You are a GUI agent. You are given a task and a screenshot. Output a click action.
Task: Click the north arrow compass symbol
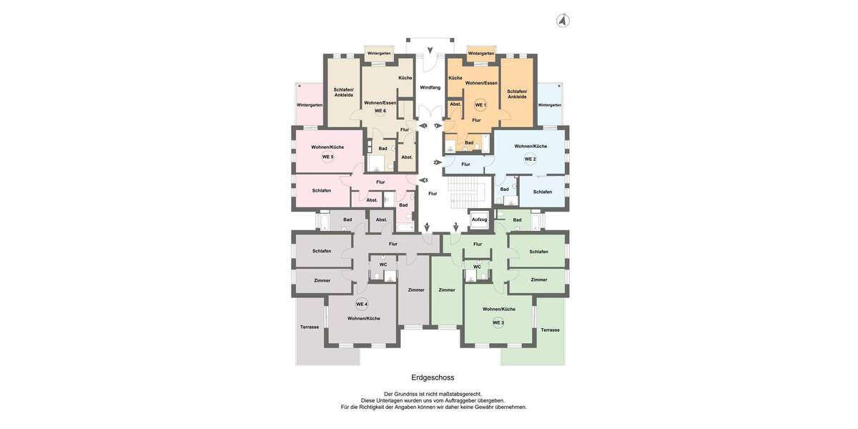[x=563, y=21]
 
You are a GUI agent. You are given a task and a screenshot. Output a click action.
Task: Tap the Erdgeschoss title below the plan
[x=433, y=378]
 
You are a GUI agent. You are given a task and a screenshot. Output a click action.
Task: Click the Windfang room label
[x=430, y=87]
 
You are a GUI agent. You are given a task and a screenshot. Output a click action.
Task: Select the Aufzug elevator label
[x=479, y=220]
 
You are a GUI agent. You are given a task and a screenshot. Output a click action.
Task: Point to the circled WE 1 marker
[x=480, y=105]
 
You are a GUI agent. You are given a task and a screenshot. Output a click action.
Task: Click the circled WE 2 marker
[x=530, y=159]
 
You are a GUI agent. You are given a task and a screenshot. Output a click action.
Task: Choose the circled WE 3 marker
[x=498, y=322]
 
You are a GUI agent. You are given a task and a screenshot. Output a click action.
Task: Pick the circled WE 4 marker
[x=362, y=304]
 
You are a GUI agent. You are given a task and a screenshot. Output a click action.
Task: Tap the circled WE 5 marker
[x=327, y=157]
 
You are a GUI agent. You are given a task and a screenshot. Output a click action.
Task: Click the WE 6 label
[x=380, y=111]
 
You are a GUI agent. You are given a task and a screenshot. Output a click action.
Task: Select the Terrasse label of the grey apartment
[x=310, y=327]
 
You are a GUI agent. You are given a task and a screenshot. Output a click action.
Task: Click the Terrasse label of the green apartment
[x=551, y=330]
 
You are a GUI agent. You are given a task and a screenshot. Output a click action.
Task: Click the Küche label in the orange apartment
[x=455, y=78]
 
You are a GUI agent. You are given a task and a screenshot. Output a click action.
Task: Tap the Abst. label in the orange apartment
[x=455, y=104]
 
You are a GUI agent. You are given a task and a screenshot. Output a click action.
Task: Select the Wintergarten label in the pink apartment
[x=310, y=105]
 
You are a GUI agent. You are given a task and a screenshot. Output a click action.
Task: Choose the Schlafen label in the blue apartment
[x=543, y=192]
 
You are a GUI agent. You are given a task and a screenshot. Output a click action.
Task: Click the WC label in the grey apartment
[x=383, y=265]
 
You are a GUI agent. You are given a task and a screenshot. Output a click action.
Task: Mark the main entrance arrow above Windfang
[x=430, y=51]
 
